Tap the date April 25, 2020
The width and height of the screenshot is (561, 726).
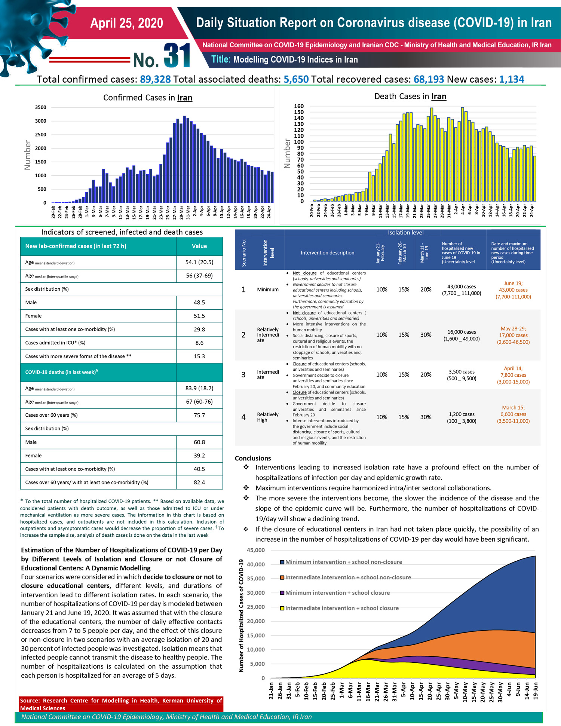coord(127,23)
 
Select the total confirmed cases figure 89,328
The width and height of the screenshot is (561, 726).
coord(155,79)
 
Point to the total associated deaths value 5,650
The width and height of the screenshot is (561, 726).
coord(296,79)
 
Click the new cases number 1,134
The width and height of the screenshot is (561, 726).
coord(512,79)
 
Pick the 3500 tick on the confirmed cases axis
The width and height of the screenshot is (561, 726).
coord(41,107)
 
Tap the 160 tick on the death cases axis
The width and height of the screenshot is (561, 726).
coord(299,106)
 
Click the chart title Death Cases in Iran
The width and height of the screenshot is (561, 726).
coord(410,97)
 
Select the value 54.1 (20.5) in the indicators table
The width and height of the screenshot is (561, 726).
coord(199,262)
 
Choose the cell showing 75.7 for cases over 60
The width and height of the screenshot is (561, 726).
coord(199,415)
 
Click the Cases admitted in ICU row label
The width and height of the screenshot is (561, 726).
coord(55,343)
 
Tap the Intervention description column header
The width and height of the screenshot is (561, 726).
coord(327,253)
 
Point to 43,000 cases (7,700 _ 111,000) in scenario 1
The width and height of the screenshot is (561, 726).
coord(462,290)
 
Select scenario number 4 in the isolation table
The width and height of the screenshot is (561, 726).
coord(243,417)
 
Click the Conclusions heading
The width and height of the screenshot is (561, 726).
coord(253,458)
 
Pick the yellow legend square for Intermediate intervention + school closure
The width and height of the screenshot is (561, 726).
coord(283,608)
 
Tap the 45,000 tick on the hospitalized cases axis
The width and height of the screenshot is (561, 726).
coord(256,550)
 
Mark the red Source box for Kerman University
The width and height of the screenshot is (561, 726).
coord(121,704)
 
